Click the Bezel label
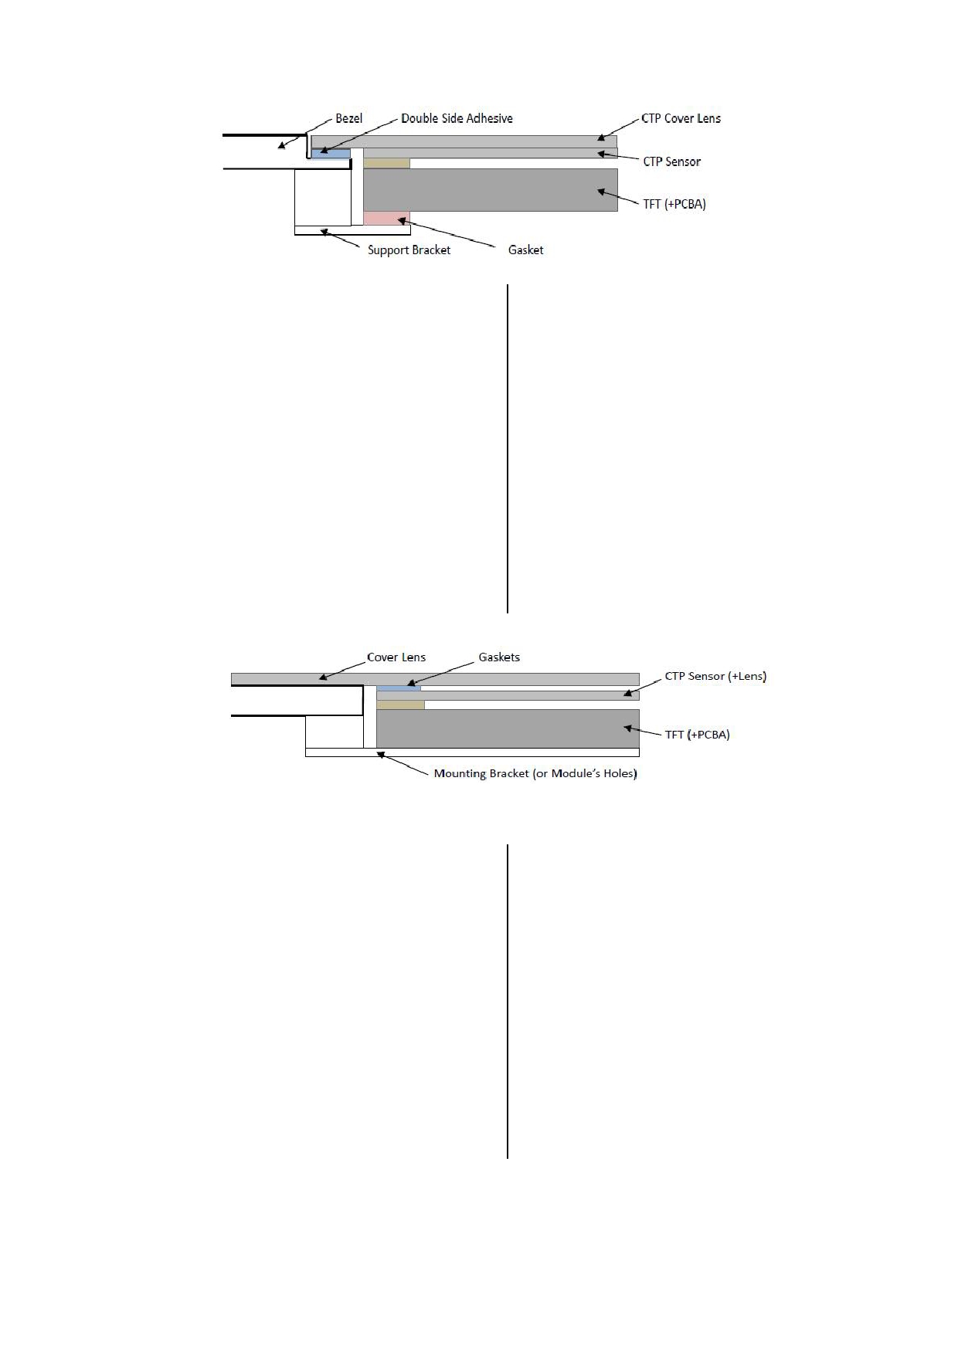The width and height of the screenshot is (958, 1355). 348,118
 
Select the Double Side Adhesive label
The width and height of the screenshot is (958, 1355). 457,118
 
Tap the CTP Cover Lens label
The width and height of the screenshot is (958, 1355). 681,118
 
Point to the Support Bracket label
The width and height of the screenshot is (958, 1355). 409,250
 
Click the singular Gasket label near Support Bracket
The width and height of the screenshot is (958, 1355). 525,250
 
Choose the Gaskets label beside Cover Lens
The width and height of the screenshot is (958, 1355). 499,657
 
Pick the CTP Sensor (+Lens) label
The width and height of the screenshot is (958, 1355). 715,676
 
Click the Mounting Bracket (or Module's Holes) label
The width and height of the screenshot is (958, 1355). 535,773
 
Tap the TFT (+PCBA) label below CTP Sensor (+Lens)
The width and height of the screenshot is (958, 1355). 697,734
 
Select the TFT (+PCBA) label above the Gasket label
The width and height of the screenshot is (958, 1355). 674,204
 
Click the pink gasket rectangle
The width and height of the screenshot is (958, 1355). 386,218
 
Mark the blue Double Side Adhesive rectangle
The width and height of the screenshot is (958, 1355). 331,153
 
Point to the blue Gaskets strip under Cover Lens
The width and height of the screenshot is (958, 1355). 399,688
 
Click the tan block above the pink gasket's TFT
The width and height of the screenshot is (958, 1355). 386,163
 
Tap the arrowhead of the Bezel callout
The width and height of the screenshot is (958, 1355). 282,145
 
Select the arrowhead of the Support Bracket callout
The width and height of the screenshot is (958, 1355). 324,230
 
